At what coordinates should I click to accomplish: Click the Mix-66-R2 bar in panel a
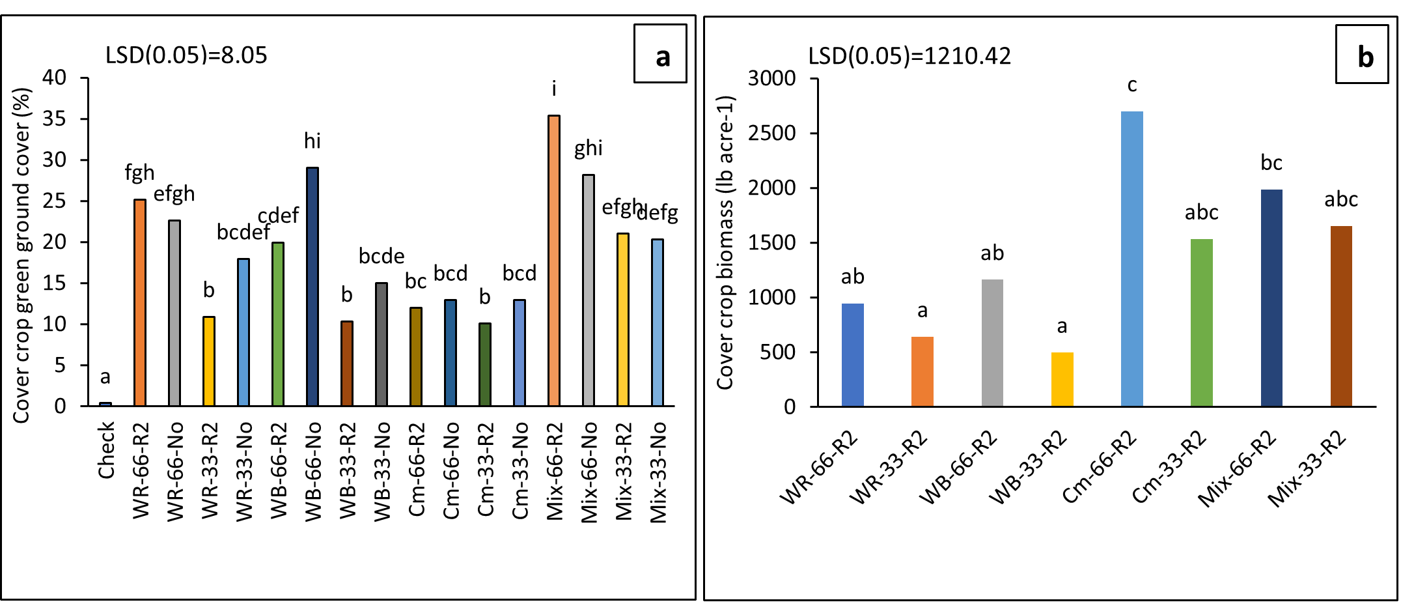[x=554, y=261]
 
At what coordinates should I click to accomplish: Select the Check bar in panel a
[x=105, y=404]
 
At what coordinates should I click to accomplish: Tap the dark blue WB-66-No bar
[x=312, y=287]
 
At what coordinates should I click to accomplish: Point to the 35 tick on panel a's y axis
[x=55, y=119]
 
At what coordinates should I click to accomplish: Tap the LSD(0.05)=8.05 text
[x=186, y=55]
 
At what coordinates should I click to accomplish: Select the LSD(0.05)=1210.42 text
[x=909, y=57]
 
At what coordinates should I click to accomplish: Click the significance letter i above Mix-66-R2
[x=554, y=89]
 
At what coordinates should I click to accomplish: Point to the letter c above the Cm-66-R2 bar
[x=1132, y=85]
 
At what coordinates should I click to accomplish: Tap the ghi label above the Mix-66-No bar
[x=588, y=149]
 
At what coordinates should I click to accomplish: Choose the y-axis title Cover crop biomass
[x=725, y=243]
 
